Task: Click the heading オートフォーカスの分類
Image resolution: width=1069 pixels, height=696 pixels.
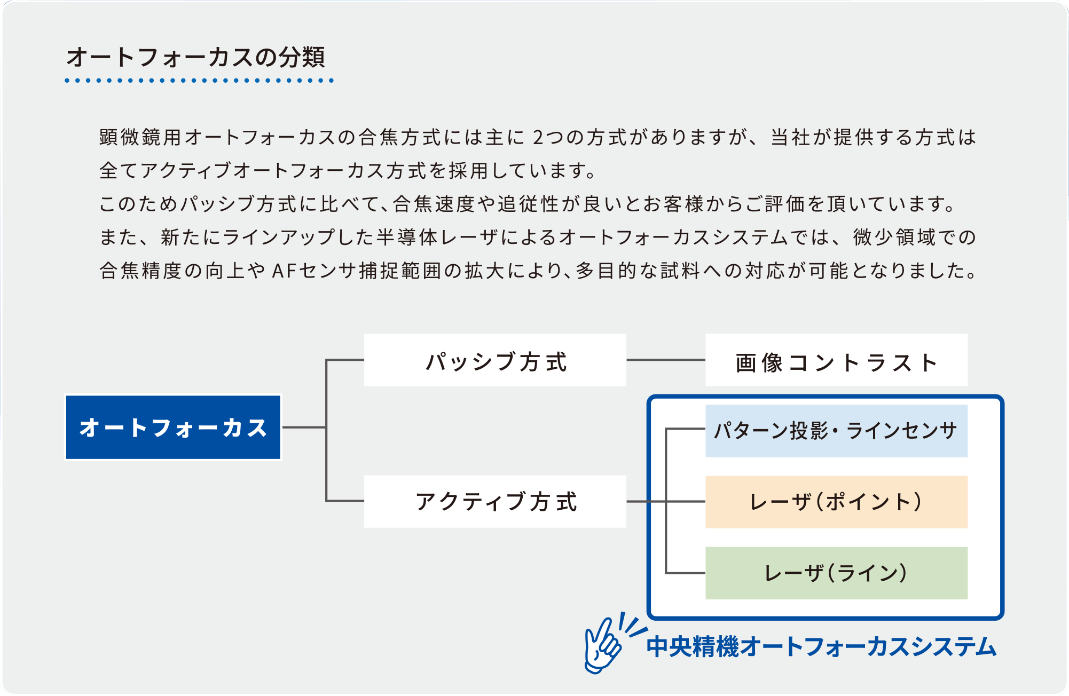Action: point(195,57)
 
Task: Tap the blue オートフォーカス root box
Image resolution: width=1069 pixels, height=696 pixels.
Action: point(173,427)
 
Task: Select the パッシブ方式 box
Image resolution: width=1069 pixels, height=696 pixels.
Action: point(495,360)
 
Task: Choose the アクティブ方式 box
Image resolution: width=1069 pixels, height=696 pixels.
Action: point(495,501)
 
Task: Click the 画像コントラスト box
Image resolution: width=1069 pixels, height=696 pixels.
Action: point(836,360)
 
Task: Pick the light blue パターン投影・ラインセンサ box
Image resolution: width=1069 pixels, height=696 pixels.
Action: point(836,431)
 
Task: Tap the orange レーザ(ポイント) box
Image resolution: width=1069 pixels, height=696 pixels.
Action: point(836,502)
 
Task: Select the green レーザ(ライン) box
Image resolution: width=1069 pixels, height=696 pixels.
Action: point(836,573)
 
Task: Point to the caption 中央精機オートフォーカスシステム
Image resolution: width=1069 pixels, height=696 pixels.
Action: point(821,646)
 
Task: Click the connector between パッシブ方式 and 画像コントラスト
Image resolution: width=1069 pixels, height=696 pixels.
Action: point(666,360)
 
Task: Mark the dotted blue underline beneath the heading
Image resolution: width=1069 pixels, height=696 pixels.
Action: point(199,81)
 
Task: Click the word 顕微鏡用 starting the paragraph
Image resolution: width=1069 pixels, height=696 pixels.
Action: point(140,137)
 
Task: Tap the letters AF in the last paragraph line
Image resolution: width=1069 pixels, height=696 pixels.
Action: point(284,271)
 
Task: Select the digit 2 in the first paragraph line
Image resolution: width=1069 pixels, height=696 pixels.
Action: point(538,138)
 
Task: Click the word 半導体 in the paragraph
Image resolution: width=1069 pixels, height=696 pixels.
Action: point(407,237)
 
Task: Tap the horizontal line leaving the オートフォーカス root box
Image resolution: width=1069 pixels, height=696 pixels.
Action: point(304,427)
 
